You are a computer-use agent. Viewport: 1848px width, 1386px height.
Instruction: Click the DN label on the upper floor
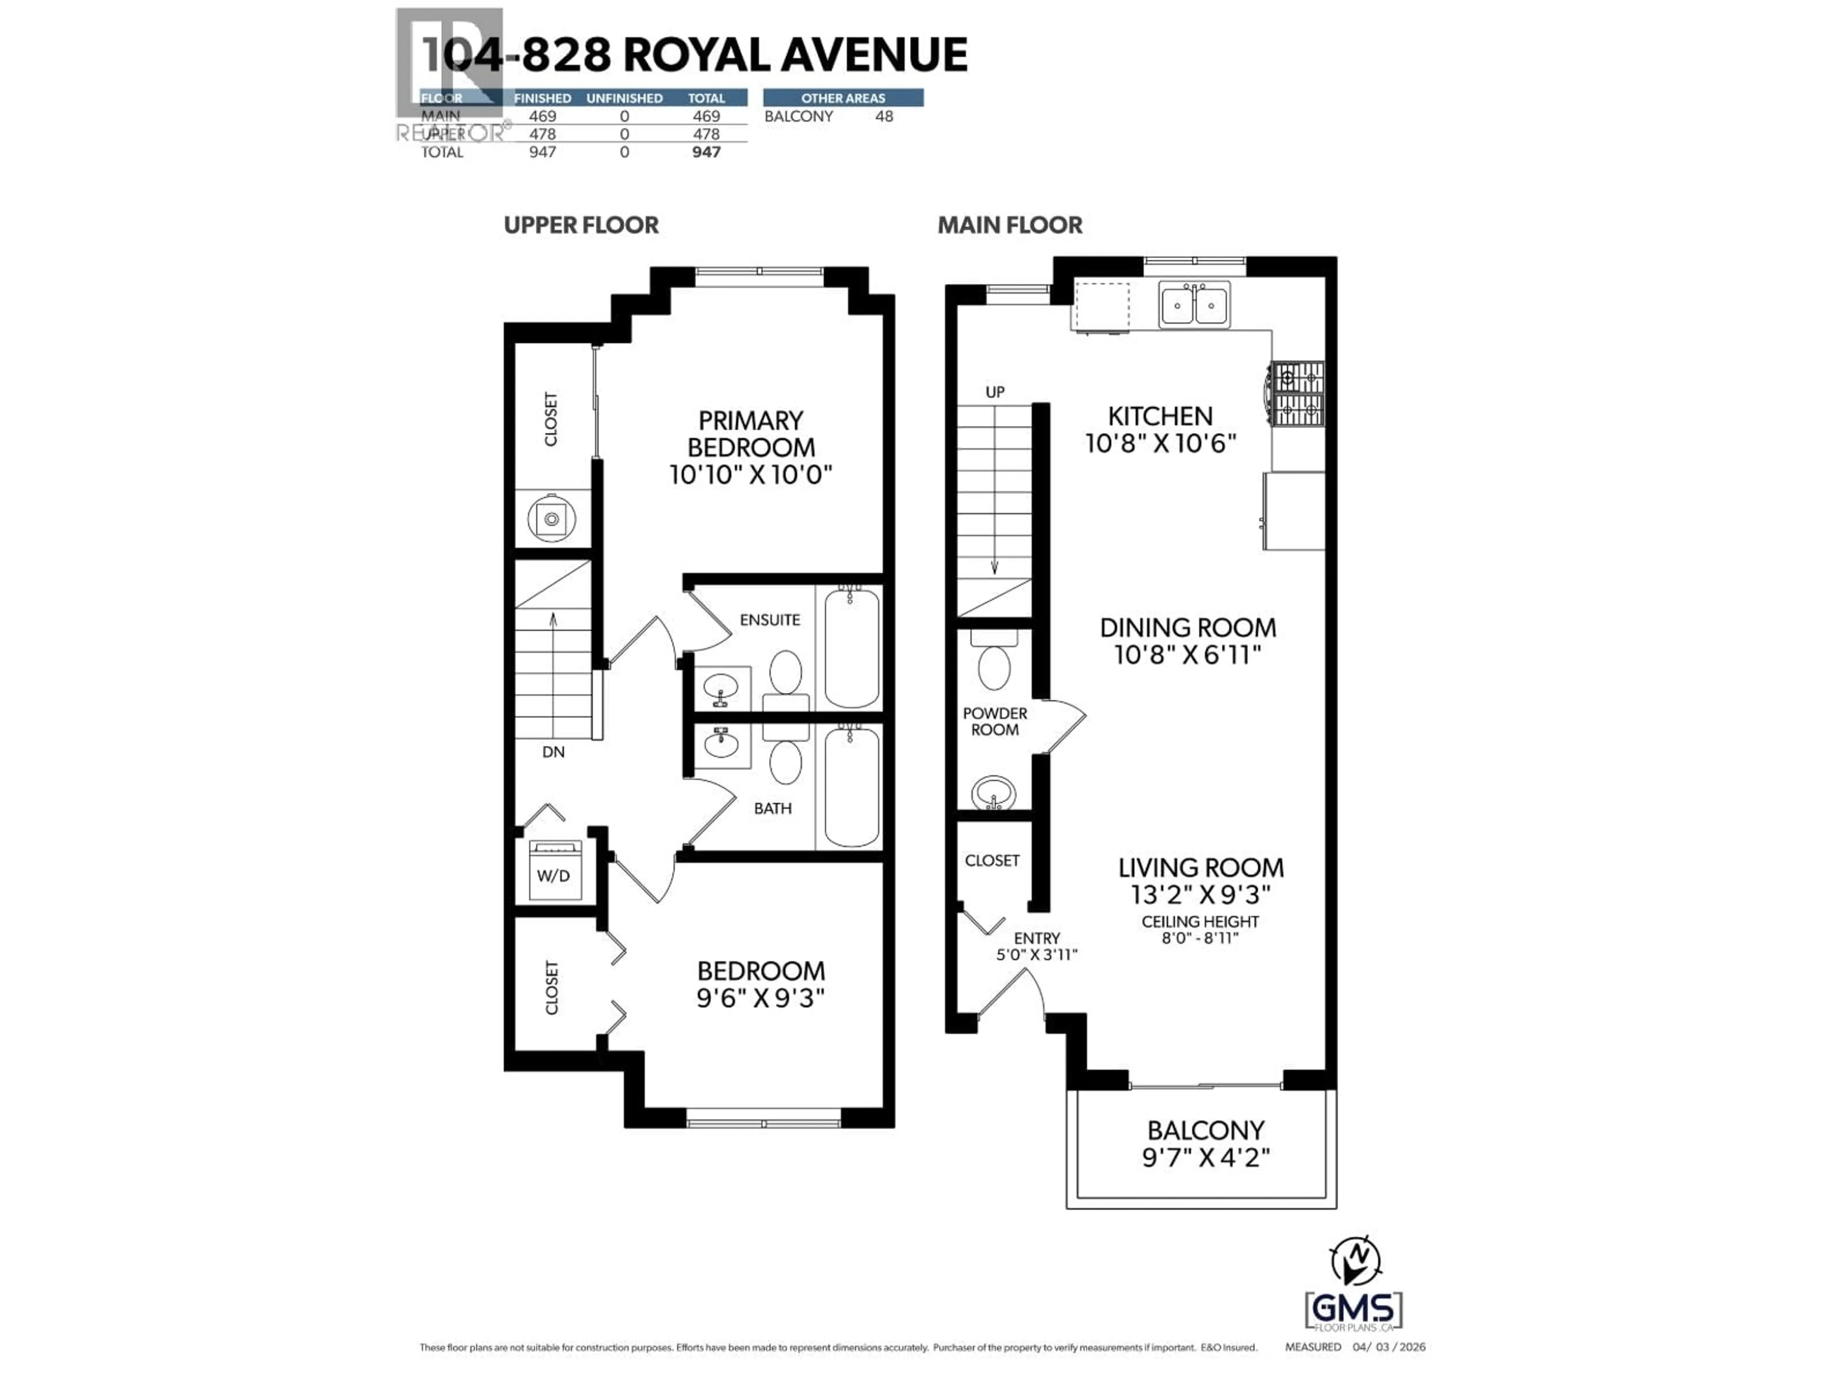553,752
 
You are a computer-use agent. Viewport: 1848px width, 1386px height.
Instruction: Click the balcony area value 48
884,116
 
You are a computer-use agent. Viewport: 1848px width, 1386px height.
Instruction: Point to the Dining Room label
1187,628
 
